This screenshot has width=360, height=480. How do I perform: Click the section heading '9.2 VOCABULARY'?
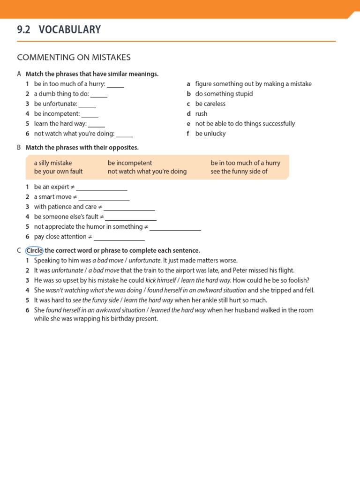[59, 30]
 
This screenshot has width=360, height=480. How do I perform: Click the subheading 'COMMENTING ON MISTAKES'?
[74, 58]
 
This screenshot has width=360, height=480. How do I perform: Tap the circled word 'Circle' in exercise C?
[34, 250]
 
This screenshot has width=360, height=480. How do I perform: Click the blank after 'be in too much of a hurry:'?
[115, 85]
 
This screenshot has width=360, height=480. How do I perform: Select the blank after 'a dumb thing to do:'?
[99, 95]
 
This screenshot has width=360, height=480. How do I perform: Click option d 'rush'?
[201, 114]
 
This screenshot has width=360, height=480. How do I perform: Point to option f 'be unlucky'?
[210, 134]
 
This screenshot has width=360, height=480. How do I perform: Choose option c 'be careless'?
[210, 104]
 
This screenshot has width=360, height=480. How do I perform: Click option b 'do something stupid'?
[224, 94]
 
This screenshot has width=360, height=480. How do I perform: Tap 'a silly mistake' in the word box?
[53, 163]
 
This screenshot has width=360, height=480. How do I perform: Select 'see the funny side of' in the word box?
[239, 172]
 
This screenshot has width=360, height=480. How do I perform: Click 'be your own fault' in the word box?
[58, 172]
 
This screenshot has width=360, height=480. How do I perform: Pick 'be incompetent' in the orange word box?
[130, 163]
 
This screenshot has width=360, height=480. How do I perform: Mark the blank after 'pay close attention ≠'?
[119, 238]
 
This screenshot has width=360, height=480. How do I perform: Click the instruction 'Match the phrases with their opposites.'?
[82, 148]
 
